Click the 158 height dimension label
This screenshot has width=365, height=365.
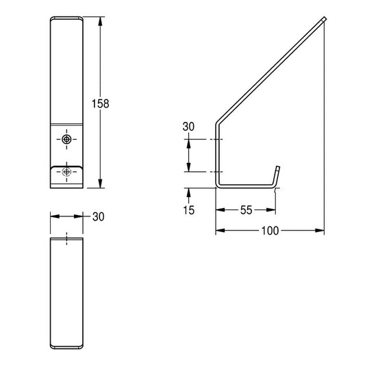(101, 104)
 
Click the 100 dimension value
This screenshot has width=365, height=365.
(270, 231)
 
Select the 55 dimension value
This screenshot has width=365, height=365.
(247, 210)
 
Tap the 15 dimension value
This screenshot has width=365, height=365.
(189, 210)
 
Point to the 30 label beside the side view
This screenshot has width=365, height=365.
(188, 127)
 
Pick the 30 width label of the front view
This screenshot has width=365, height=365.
(99, 216)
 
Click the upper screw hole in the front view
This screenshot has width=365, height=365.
(67, 140)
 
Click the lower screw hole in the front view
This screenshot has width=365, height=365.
(67, 172)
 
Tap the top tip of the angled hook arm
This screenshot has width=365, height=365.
(325, 18)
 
